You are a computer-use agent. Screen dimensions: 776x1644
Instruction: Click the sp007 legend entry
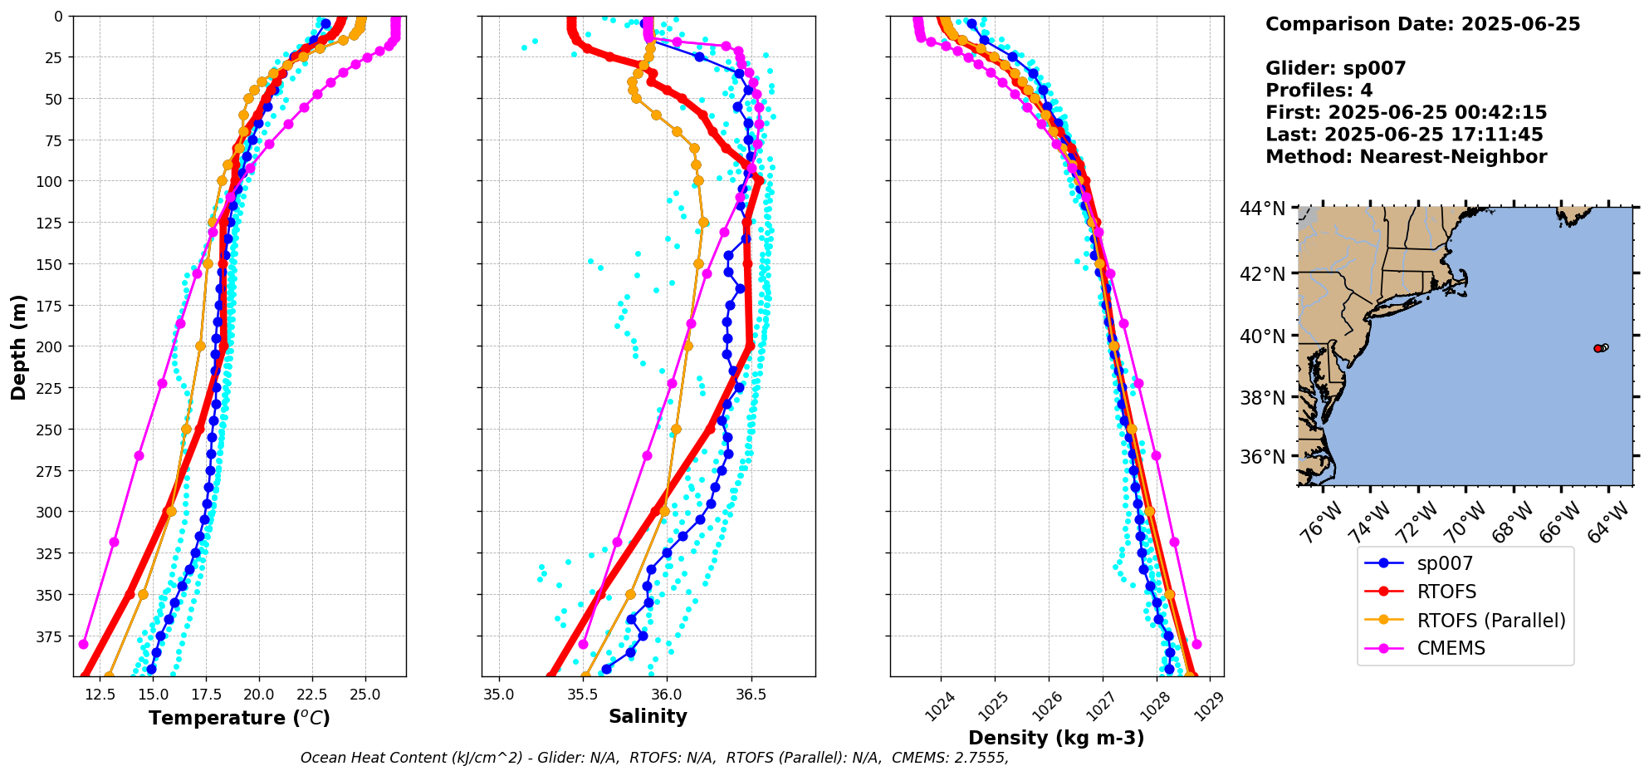point(1445,563)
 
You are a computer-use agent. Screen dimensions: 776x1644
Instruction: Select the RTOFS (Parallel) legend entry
point(1490,621)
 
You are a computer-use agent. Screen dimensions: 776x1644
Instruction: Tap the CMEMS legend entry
point(1451,648)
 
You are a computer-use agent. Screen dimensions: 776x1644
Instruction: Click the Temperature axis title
point(239,718)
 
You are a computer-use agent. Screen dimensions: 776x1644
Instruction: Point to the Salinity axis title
point(648,716)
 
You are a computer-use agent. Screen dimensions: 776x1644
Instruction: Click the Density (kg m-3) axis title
point(1056,738)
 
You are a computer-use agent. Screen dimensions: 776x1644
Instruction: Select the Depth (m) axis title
point(18,346)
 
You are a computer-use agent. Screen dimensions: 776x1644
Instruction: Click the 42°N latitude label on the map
point(1262,274)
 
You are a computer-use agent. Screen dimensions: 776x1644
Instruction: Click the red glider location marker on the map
point(1598,348)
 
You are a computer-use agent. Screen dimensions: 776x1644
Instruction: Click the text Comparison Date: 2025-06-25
point(1422,24)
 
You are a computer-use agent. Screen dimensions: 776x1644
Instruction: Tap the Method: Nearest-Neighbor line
point(1406,157)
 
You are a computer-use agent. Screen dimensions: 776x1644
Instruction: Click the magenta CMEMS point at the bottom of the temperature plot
point(83,644)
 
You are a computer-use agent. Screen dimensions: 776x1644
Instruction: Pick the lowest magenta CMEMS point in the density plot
point(1196,644)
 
